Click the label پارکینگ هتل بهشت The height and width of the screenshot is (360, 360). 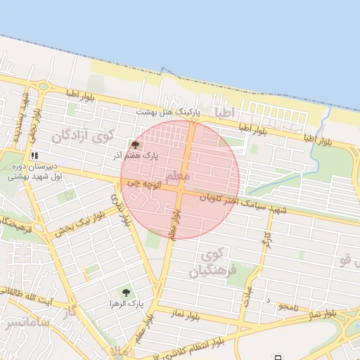[x=168, y=112]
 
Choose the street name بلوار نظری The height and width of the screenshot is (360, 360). [x=121, y=210]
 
